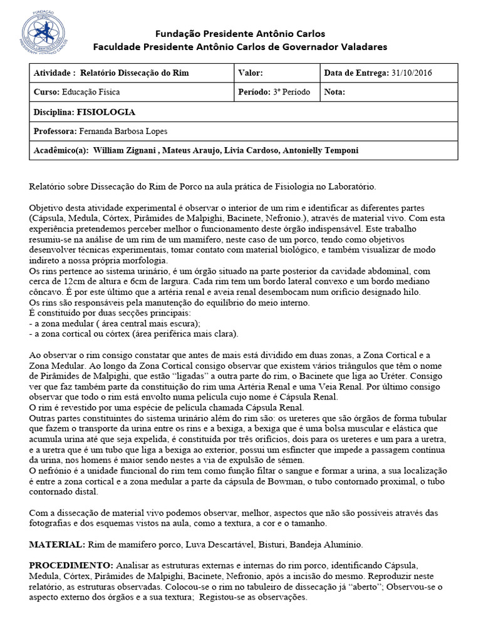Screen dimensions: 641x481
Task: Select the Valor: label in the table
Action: click(x=255, y=73)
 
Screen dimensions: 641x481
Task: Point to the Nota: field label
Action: click(x=334, y=92)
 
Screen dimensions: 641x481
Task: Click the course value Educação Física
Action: click(x=91, y=92)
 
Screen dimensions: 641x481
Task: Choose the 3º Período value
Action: click(x=291, y=92)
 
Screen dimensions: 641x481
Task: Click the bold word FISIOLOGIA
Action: click(x=106, y=112)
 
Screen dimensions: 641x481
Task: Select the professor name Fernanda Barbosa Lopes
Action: click(x=123, y=131)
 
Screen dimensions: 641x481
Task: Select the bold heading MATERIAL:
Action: click(x=56, y=545)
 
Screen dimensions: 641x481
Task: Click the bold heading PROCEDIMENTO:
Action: click(x=71, y=564)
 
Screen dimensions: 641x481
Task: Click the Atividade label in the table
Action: click(x=54, y=73)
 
